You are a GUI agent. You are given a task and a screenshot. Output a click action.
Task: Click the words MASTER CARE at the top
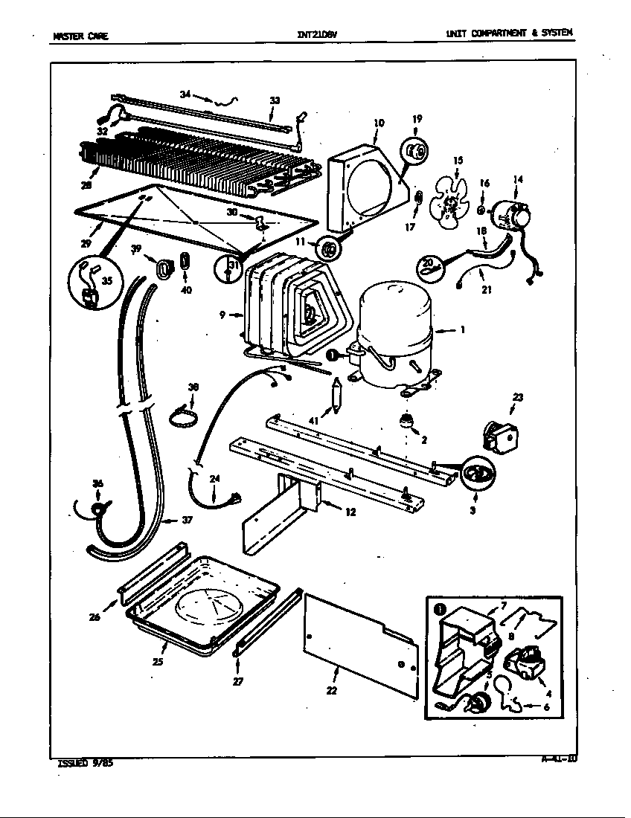click(x=81, y=35)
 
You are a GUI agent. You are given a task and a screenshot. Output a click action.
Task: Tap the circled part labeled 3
click(x=475, y=476)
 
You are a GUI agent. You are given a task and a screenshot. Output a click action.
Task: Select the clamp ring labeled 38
click(x=183, y=419)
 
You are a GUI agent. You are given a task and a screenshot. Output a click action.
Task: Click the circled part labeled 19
click(x=414, y=152)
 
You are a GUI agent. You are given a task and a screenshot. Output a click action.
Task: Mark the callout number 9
click(x=222, y=315)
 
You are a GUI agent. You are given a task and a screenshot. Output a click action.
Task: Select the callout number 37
click(x=187, y=521)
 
